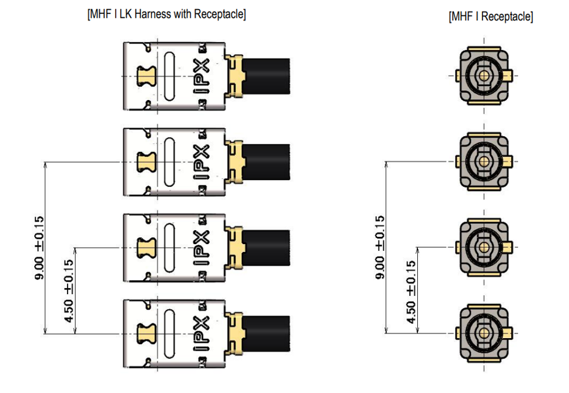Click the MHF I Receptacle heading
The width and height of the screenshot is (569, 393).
coord(490,17)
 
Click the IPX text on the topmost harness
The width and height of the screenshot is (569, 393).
coord(203,76)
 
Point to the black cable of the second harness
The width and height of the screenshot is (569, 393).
coord(266,162)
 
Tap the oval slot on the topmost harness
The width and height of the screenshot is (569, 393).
coord(169,76)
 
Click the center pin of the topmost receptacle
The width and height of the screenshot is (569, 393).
coord(484,76)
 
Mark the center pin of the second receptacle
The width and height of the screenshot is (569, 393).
coord(484,162)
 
